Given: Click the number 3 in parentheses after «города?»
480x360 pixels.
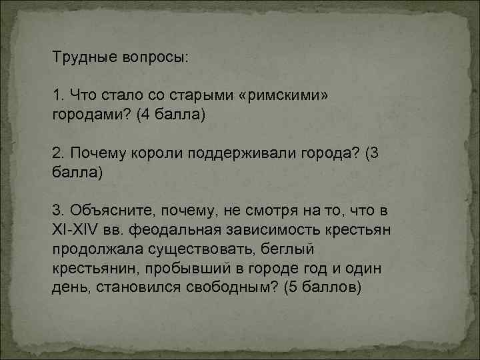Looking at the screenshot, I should pyautogui.click(x=374, y=154).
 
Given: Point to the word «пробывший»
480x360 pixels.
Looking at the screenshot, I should pyautogui.click(x=174, y=268).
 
